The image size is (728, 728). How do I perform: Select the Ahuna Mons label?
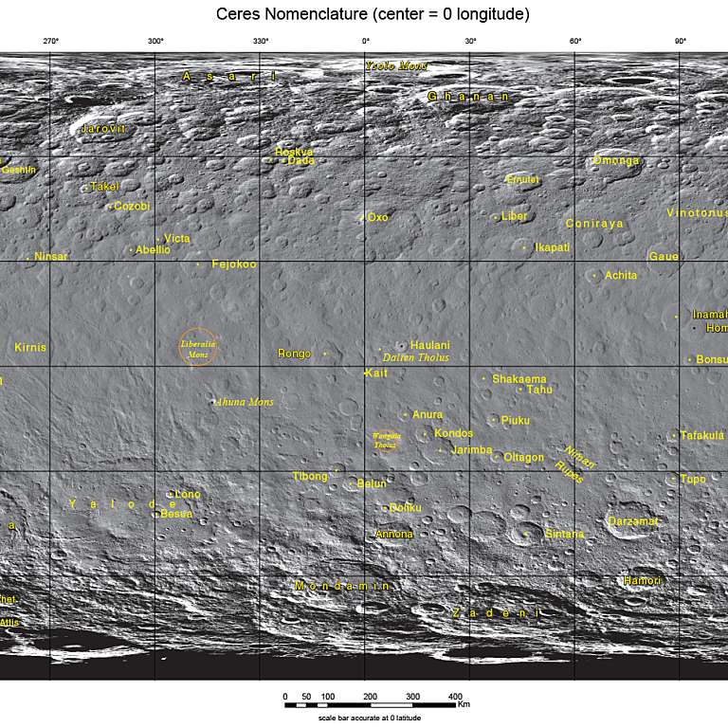[x=246, y=402]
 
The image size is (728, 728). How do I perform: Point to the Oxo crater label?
[x=377, y=217]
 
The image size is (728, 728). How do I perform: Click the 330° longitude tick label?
[x=261, y=41]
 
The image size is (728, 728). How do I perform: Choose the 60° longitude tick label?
[x=575, y=41]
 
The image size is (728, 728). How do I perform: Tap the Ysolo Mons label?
[x=396, y=65]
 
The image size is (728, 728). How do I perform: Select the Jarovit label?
[x=103, y=128]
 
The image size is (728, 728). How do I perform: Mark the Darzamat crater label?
[x=632, y=521]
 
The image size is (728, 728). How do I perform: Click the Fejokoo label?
[x=233, y=264]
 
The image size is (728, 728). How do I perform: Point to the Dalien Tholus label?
[x=415, y=357]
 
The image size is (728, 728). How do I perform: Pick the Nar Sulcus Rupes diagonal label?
[x=575, y=463]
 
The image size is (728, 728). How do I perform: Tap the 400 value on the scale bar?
[x=455, y=697]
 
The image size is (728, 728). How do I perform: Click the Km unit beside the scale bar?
[x=464, y=704]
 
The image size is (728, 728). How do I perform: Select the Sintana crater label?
[x=564, y=534]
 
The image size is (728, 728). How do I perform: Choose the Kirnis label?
[x=30, y=348]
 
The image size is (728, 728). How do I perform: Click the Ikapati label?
[x=552, y=247]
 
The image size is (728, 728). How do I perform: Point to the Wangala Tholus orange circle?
[x=386, y=441]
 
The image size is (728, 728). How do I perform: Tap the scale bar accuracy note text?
[x=369, y=719]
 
